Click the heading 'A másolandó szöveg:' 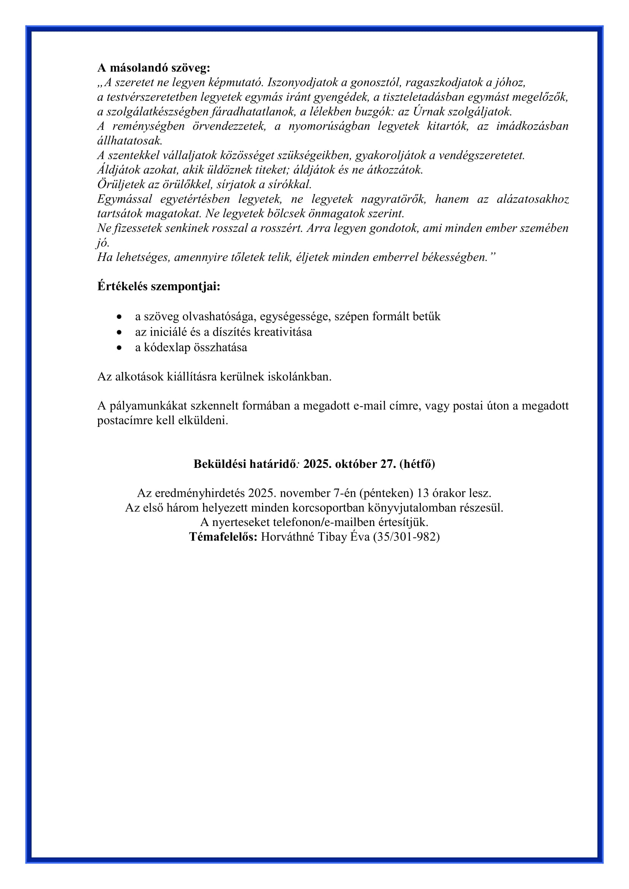click(154, 68)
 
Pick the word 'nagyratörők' click(394, 199)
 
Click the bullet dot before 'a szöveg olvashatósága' click(119, 317)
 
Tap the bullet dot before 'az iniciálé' click(119, 332)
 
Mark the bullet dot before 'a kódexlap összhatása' click(119, 348)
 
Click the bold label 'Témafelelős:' click(223, 537)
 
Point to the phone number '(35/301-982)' click(406, 537)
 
